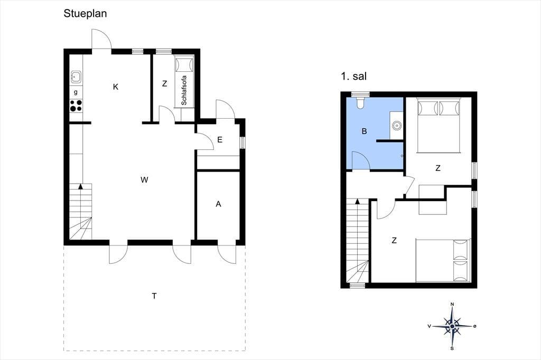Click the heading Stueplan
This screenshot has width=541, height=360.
tap(85, 14)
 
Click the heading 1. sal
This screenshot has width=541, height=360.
tap(353, 76)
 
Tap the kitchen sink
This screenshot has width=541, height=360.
tap(76, 77)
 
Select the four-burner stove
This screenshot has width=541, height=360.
tap(76, 106)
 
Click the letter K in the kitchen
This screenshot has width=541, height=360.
tap(116, 87)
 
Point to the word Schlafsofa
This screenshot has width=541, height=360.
tap(184, 90)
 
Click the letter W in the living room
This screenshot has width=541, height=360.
tap(144, 179)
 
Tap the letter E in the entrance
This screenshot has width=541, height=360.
tap(220, 140)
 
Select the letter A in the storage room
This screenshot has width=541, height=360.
tap(218, 204)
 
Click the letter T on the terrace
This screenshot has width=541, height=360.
tap(154, 296)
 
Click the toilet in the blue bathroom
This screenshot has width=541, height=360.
tap(360, 103)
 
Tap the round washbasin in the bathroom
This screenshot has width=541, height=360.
tap(397, 126)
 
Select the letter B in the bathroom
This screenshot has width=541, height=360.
tap(364, 131)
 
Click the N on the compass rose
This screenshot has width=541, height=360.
tap(452, 304)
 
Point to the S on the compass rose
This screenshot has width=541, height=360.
tap(452, 348)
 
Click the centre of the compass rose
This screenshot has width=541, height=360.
tap(452, 326)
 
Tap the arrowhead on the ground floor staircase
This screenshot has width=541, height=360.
tap(81, 186)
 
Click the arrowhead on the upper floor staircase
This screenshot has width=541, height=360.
tap(358, 201)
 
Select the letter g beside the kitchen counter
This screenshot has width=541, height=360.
tap(76, 92)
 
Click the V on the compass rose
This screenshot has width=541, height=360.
tap(429, 326)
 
